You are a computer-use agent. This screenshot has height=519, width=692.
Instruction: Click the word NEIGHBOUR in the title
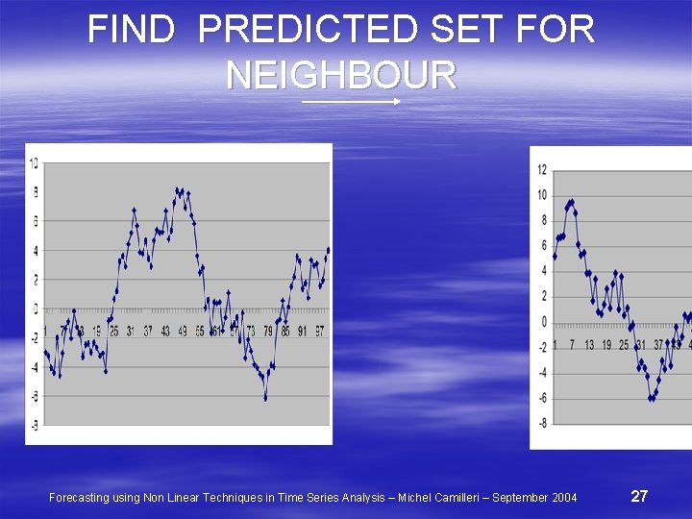tap(341, 74)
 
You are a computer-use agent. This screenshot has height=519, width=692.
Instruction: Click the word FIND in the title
tap(131, 30)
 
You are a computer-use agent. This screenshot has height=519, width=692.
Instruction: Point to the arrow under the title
tap(351, 100)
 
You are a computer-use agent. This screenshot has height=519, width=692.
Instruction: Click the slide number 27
tap(639, 496)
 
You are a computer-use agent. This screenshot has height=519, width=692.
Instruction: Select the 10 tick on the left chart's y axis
tap(34, 163)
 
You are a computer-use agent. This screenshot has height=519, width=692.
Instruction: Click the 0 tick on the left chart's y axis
tap(35, 309)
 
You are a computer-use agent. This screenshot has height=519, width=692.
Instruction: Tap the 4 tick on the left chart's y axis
tap(35, 251)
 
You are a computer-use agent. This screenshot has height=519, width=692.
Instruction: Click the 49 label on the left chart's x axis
tap(183, 332)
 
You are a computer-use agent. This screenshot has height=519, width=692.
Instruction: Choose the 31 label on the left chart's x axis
tap(131, 332)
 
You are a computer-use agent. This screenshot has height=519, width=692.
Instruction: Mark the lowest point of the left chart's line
tap(265, 397)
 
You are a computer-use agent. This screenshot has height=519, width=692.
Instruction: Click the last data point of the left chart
tap(328, 250)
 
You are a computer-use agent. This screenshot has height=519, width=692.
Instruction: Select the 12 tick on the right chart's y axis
tap(542, 170)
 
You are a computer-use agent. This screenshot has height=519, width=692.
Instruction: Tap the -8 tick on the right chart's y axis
tap(542, 423)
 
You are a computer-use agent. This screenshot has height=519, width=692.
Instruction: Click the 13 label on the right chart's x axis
tap(589, 344)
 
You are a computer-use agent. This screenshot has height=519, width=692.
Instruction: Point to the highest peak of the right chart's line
tap(572, 202)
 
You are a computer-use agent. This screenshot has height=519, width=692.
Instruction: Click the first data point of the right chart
tap(555, 256)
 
